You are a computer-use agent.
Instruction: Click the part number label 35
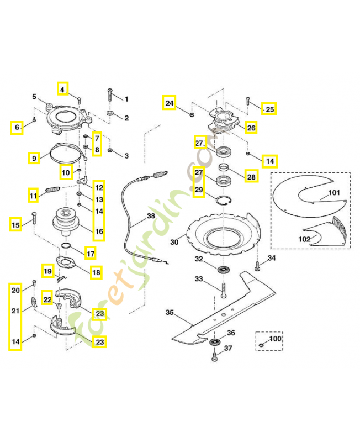(x=170, y=312)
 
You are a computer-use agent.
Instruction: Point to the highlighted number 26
(x=251, y=128)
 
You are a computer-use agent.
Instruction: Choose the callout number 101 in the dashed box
(x=335, y=193)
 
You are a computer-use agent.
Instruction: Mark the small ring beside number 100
(x=260, y=346)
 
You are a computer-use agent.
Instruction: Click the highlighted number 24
(x=169, y=103)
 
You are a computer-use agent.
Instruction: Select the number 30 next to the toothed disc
(x=174, y=241)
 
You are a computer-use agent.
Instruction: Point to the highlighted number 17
(x=89, y=254)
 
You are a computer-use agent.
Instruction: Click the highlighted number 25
(x=269, y=109)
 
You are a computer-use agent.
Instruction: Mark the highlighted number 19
(x=47, y=271)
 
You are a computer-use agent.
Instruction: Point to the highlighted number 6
(x=17, y=128)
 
